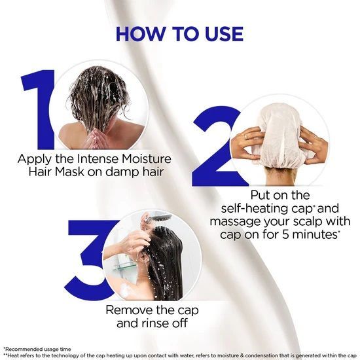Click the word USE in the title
[224, 34]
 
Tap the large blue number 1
[38, 109]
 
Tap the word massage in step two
[235, 222]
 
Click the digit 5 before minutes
[285, 234]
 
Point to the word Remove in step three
[128, 310]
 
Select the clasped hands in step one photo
[92, 139]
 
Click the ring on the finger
[246, 136]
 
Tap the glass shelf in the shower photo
[125, 267]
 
